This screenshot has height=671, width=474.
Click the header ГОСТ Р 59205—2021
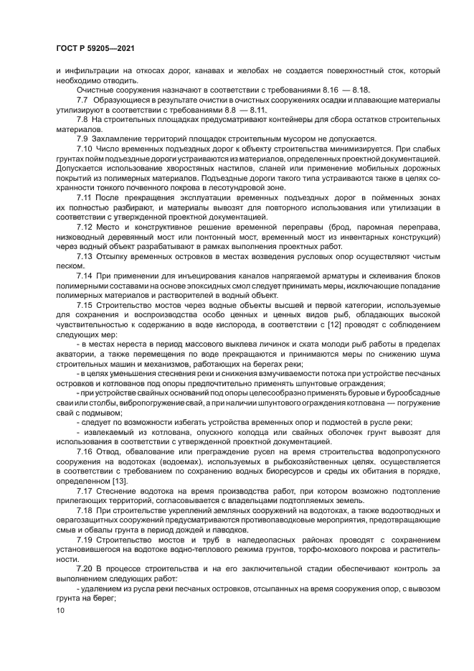95,48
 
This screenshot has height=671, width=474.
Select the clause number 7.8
82,119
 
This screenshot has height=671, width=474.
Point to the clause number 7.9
82,138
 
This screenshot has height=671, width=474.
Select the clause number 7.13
85,274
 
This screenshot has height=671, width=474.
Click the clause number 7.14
85,294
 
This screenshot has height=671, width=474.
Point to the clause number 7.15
85,323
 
